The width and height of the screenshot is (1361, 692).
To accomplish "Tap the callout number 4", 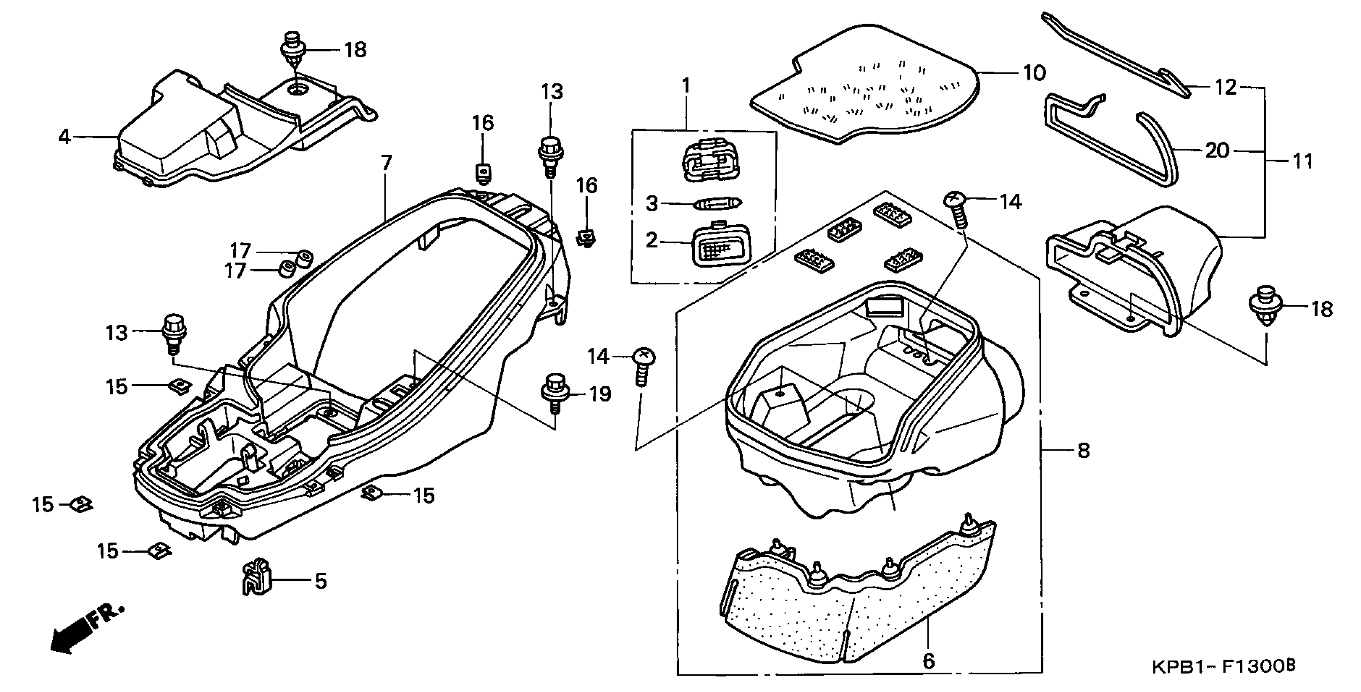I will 64,137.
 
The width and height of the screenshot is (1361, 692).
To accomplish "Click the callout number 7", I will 386,163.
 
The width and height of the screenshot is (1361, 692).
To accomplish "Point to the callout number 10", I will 1034,73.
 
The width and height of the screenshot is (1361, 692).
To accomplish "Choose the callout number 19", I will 600,394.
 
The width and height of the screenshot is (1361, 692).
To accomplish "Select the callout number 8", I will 1083,451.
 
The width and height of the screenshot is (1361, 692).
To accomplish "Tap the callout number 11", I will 1302,161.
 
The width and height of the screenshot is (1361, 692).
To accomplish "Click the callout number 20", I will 1217,151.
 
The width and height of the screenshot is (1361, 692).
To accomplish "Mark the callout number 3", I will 652,204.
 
